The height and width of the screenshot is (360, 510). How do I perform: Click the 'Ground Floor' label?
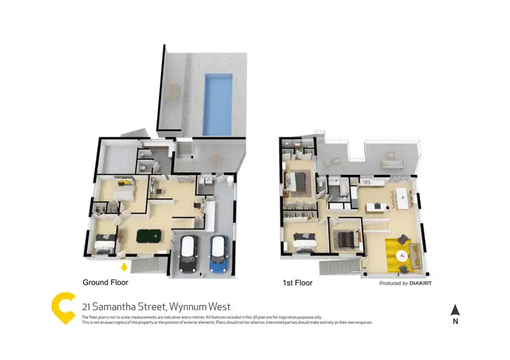[105, 282]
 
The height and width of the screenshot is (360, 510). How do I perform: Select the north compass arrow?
[456, 309]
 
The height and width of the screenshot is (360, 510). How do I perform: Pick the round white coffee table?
[403, 256]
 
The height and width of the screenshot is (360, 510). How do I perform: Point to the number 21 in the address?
[87, 306]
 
